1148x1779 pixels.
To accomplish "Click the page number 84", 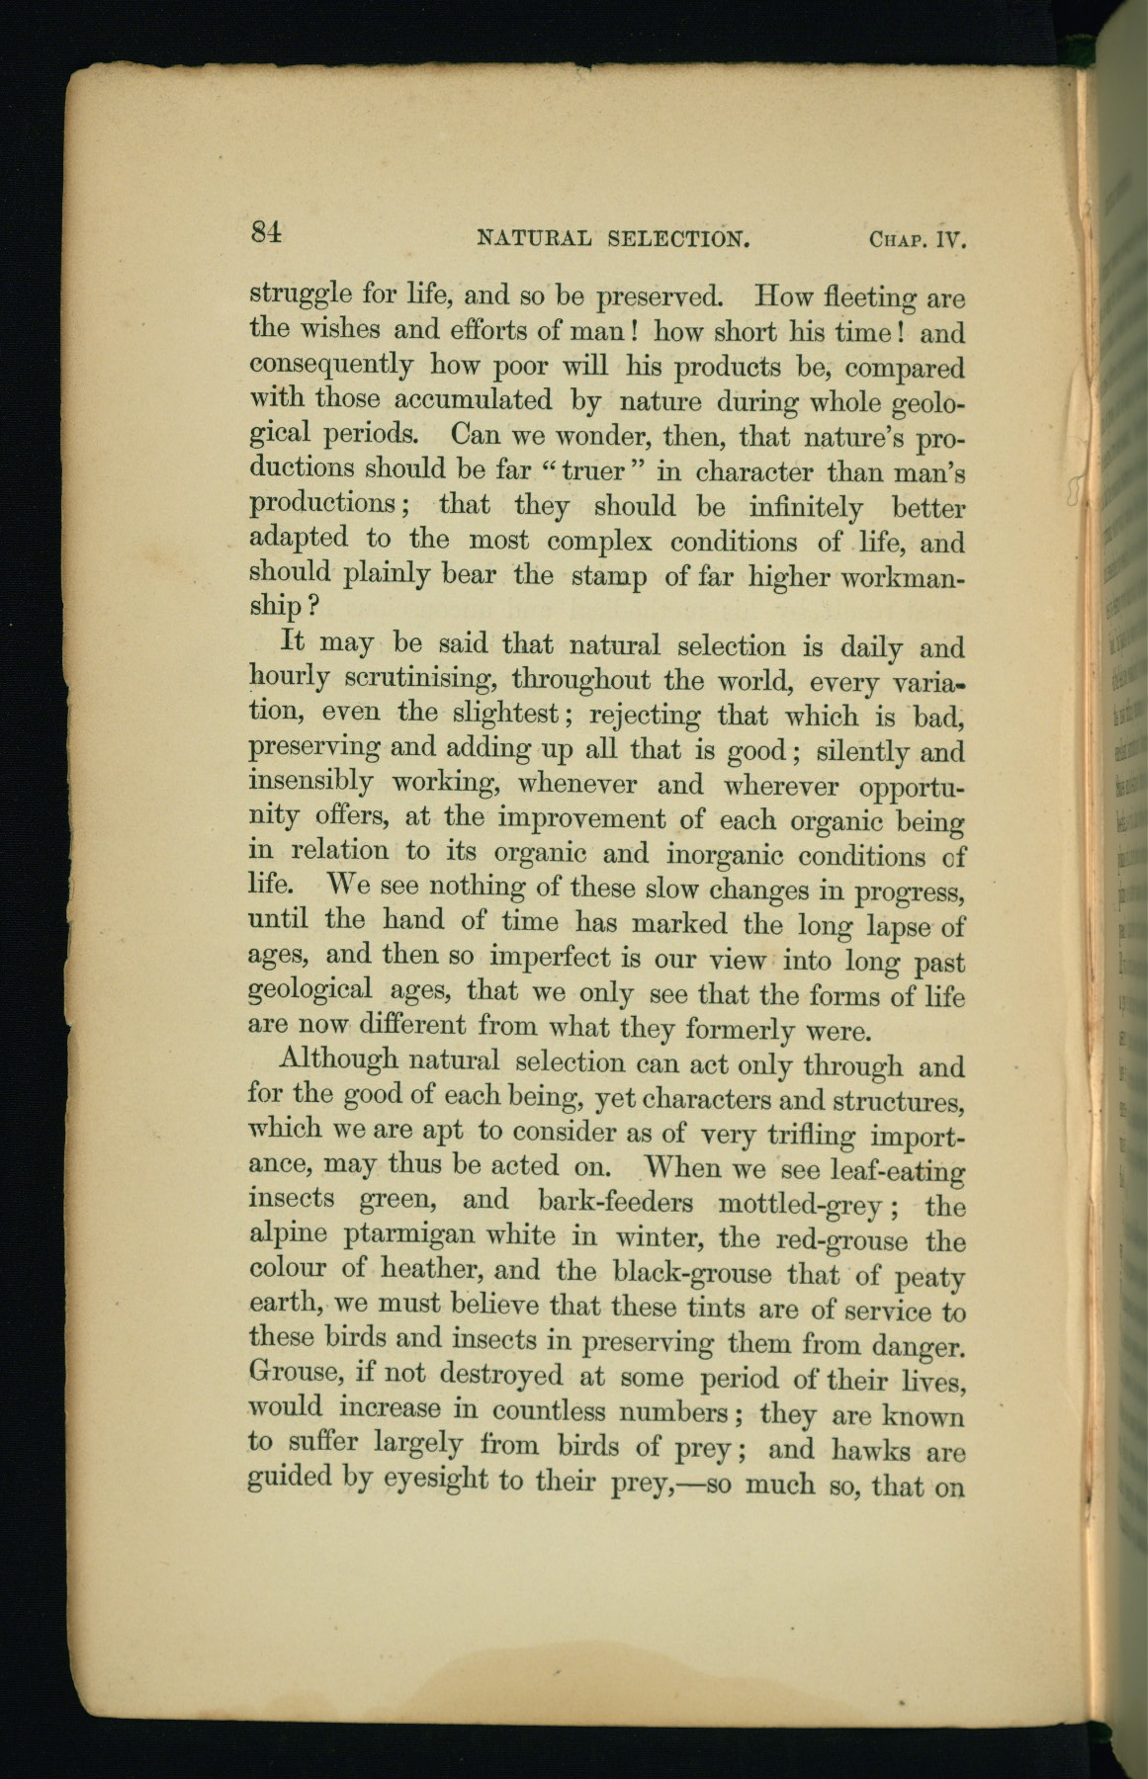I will coord(267,232).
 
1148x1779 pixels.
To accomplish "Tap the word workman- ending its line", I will coord(900,578).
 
